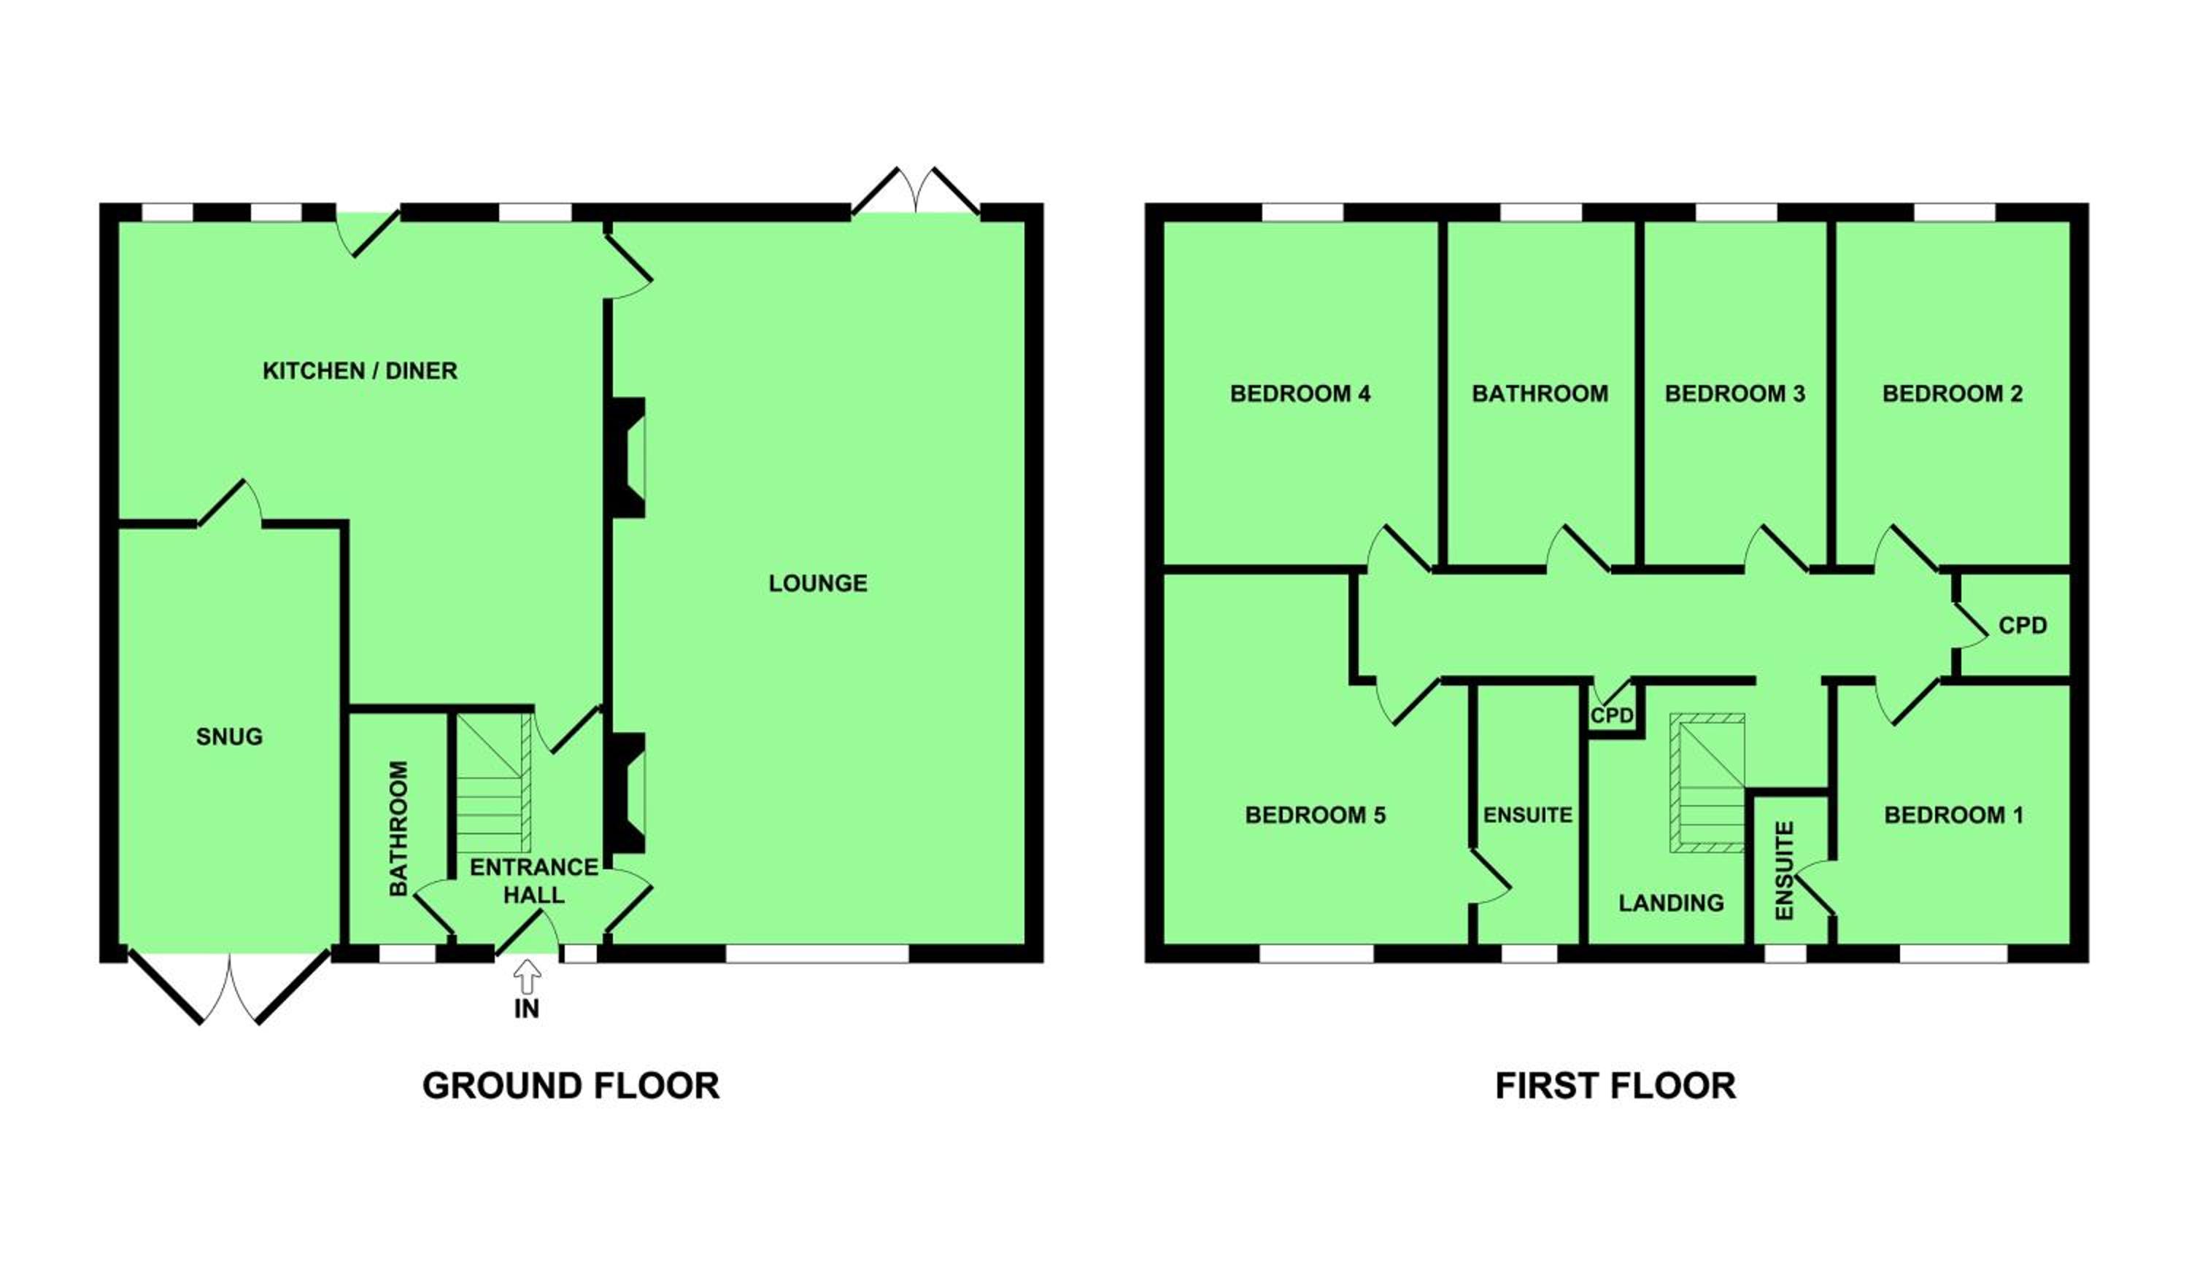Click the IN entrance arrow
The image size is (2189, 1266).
pos(526,977)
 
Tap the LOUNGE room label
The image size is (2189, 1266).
pos(817,583)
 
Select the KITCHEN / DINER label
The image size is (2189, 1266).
pos(360,370)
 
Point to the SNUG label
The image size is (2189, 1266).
pos(229,737)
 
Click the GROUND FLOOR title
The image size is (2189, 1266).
pos(571,1085)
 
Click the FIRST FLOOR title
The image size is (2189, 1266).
pos(1615,1085)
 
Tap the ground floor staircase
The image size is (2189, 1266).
pos(493,782)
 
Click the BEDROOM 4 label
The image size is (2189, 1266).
pos(1300,393)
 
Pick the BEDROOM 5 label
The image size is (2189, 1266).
pos(1315,815)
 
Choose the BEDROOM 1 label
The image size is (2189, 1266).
pos(1953,815)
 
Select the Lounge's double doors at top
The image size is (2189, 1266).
pos(916,190)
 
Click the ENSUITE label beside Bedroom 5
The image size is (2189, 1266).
pos(1528,815)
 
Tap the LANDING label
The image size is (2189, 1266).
pos(1671,903)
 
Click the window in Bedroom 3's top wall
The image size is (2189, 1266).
pos(1737,212)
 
